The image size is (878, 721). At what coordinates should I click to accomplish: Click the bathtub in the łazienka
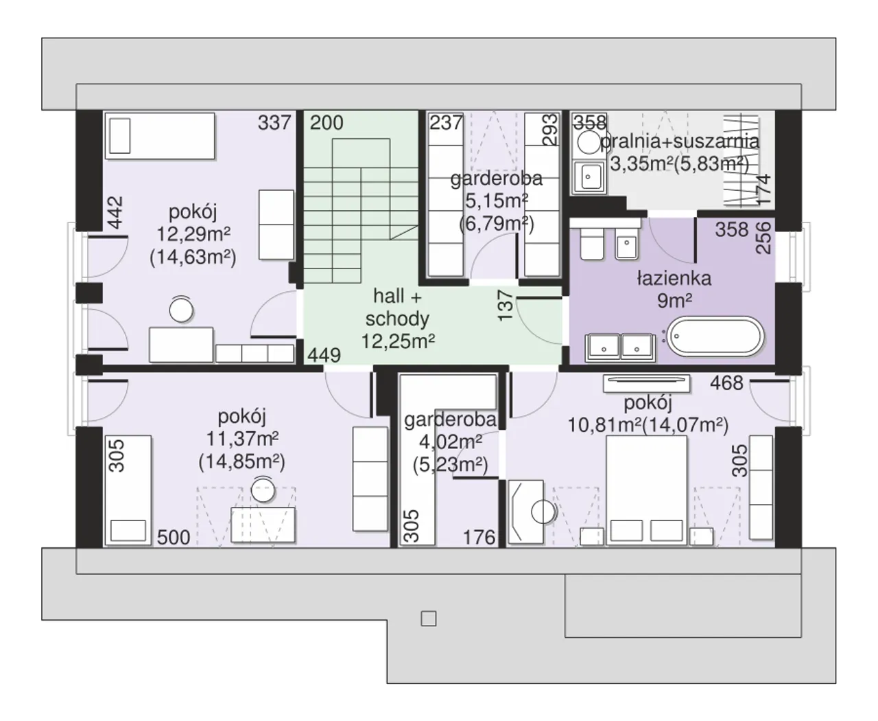(715, 336)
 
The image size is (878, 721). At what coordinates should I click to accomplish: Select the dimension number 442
(116, 213)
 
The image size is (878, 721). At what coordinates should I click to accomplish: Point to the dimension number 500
(174, 537)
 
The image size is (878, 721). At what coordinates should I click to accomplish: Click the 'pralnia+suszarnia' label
(680, 141)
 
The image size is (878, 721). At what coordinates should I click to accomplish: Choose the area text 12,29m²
(193, 234)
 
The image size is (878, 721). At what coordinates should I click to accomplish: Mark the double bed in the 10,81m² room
(646, 490)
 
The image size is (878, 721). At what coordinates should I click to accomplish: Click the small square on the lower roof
(429, 619)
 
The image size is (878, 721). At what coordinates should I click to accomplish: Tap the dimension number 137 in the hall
(506, 306)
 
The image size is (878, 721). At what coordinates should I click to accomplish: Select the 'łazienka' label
(674, 278)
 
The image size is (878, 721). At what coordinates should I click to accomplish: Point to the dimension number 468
(726, 383)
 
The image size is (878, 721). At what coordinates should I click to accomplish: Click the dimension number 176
(479, 537)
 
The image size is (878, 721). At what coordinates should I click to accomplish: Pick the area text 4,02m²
(451, 442)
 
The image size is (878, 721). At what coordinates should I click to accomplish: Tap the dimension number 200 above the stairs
(327, 122)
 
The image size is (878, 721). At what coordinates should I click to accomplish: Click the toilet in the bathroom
(592, 244)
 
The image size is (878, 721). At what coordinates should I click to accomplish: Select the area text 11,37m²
(243, 438)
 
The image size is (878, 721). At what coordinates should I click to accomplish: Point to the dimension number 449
(324, 355)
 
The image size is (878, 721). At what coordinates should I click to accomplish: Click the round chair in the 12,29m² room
(181, 310)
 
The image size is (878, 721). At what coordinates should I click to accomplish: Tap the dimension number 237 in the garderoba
(446, 122)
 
